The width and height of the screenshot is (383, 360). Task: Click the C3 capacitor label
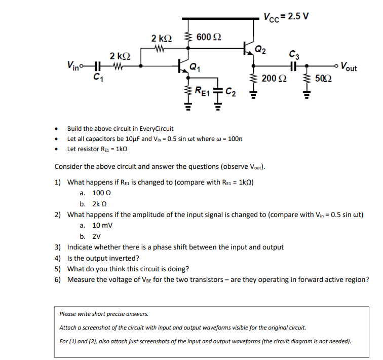tap(293, 54)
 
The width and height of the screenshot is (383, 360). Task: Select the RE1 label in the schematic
tap(202, 92)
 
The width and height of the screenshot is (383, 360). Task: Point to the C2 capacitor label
tap(231, 92)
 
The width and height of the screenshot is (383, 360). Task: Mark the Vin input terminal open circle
tap(87, 65)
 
